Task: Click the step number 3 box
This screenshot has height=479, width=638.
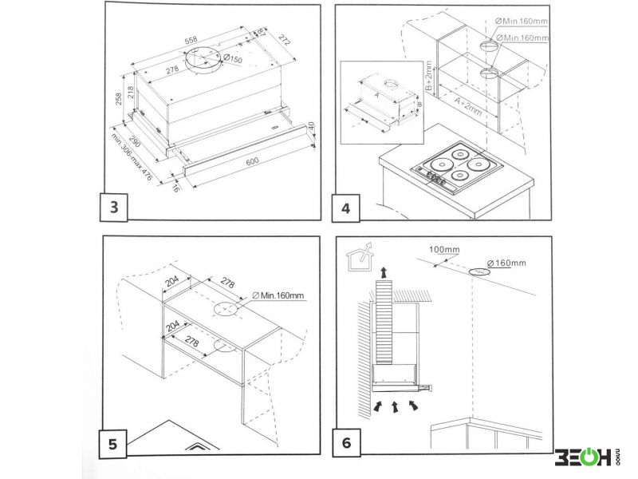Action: tap(115, 208)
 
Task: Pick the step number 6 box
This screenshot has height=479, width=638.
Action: tap(345, 442)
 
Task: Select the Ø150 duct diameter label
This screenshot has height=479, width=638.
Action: tap(233, 58)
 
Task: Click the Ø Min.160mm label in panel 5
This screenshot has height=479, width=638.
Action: tap(278, 296)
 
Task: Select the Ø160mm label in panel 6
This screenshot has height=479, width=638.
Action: tap(507, 263)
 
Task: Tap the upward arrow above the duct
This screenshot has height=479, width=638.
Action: tap(385, 272)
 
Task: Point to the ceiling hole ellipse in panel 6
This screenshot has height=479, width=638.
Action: tap(479, 272)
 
